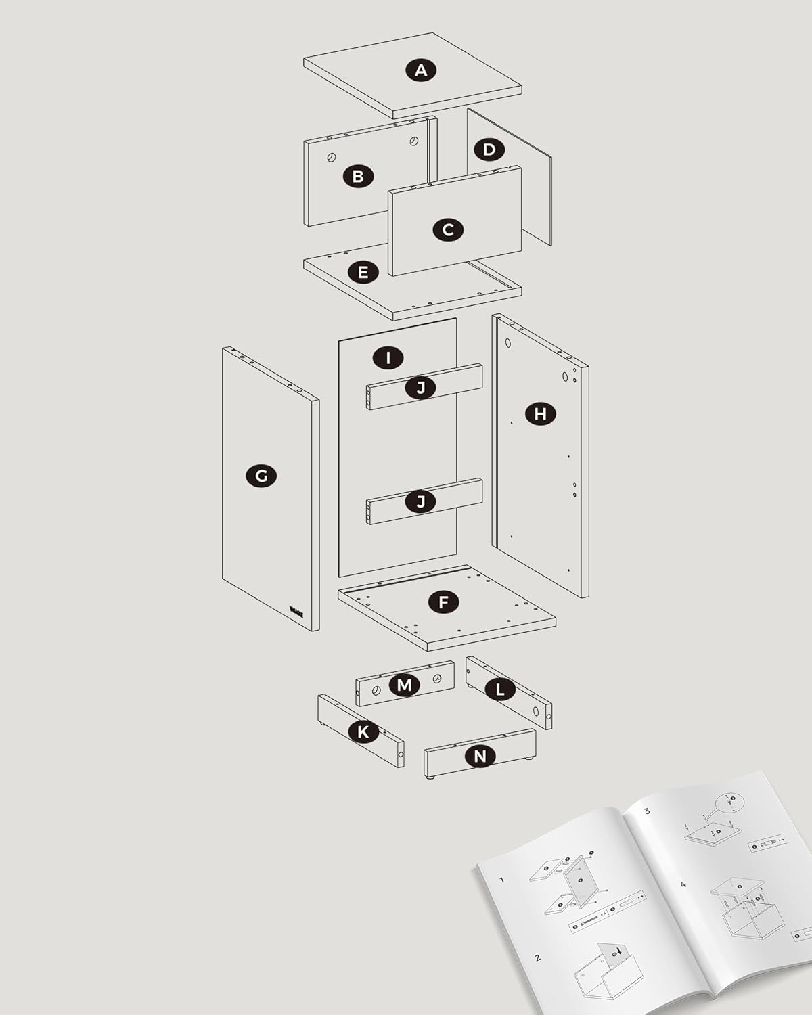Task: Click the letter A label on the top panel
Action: point(421,70)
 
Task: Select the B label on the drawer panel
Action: point(358,177)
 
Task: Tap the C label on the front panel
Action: point(448,230)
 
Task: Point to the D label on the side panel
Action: point(489,150)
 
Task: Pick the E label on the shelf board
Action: point(363,272)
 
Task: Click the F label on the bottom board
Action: point(443,602)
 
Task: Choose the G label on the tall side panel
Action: point(261,476)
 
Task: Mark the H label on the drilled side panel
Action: point(540,414)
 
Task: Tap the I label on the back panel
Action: point(388,358)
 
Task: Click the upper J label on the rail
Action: point(421,388)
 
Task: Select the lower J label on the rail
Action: point(421,502)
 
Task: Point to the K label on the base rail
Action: point(363,731)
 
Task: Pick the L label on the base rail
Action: point(500,690)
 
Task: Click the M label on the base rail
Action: point(404,685)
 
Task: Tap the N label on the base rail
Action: point(480,757)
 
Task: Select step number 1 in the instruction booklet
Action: point(501,880)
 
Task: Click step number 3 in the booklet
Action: point(648,811)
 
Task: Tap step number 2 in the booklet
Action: point(537,957)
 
